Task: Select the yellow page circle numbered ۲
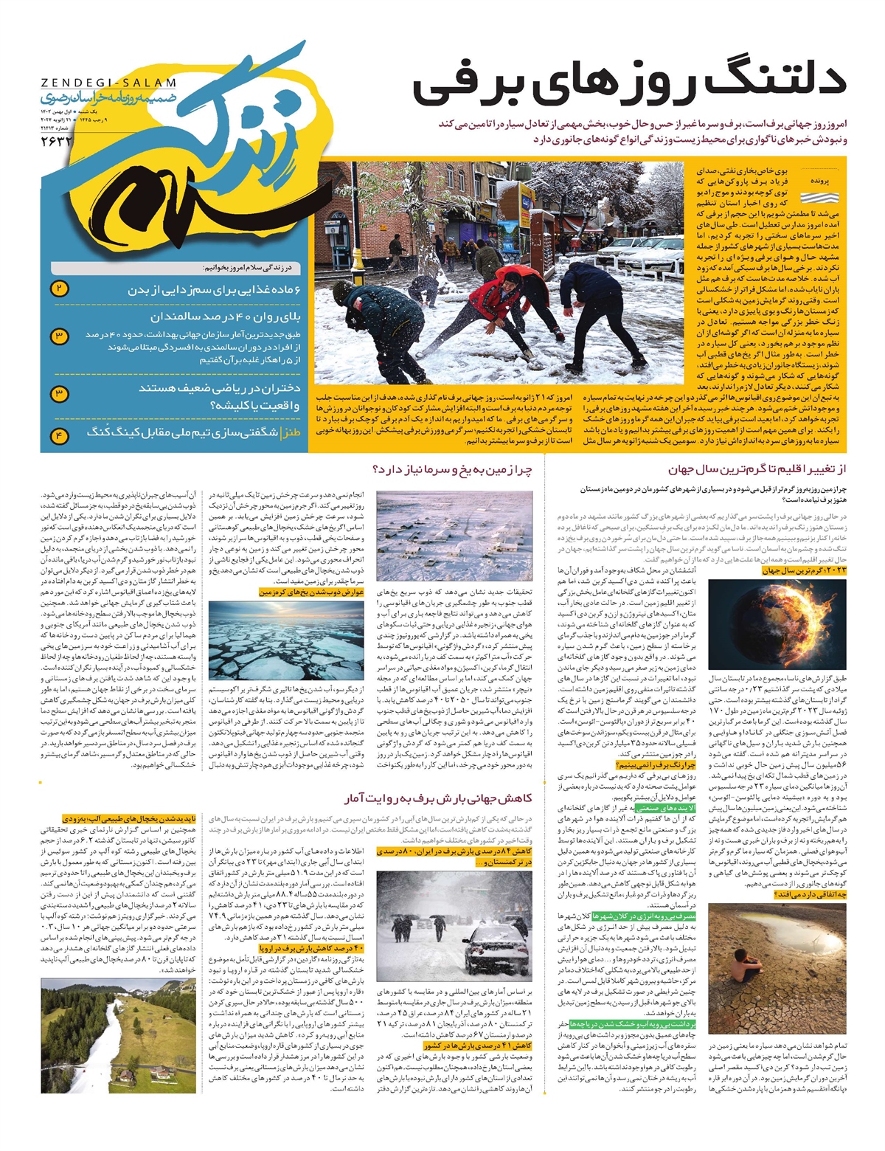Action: (x=60, y=288)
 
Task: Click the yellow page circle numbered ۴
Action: (x=60, y=435)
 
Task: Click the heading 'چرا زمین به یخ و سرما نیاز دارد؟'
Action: (x=452, y=469)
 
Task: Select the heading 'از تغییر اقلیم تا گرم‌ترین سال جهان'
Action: (x=757, y=469)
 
